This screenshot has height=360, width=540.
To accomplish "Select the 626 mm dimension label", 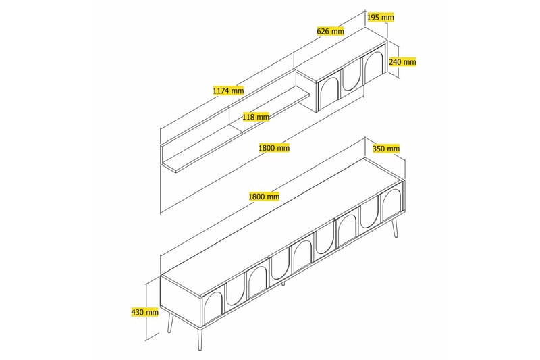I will coord(331,31).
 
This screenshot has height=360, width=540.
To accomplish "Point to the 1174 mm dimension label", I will coord(227,90).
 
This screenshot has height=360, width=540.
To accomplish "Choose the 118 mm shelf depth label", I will coord(256,117).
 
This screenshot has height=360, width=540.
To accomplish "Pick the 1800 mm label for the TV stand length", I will coord(264,197).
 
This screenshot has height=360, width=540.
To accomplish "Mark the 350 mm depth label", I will coord(386,149).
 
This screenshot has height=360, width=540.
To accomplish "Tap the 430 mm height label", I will coord(146,312).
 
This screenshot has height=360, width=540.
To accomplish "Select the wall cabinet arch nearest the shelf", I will coord(329,92).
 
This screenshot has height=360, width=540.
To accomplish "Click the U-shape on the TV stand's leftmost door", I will coord(234,288).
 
